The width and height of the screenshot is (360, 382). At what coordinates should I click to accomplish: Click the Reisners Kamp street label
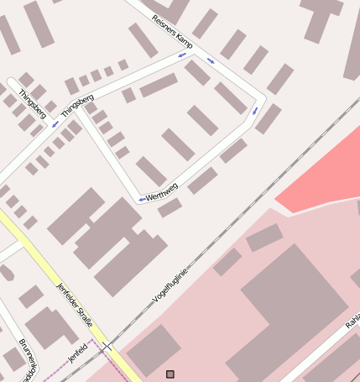tap(173, 30)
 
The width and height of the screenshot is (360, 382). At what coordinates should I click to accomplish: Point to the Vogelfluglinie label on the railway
tap(170, 286)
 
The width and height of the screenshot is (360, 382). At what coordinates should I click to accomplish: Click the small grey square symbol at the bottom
tap(170, 374)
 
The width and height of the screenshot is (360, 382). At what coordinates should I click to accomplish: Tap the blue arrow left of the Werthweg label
tap(141, 199)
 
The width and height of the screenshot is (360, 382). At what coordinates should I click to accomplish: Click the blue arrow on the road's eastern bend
tap(255, 111)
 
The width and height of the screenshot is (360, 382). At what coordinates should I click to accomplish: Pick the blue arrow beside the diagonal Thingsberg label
tap(55, 124)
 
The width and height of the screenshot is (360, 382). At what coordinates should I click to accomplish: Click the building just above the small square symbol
tap(153, 349)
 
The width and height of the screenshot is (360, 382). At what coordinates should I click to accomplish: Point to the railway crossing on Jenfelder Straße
tap(107, 345)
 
